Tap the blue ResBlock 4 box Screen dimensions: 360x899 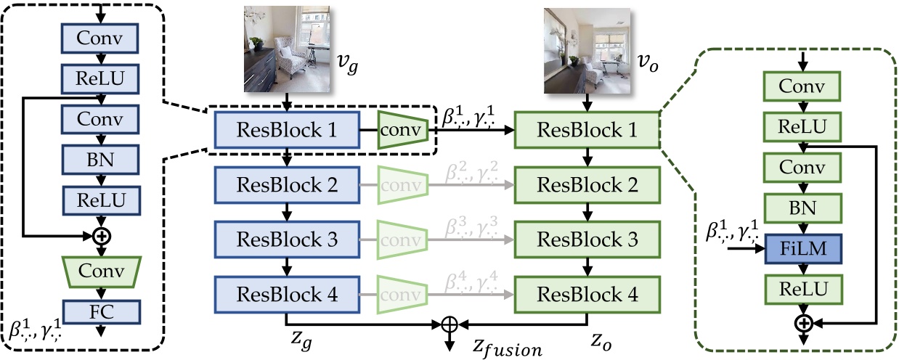[x=288, y=295]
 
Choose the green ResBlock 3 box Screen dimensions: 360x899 [x=587, y=240]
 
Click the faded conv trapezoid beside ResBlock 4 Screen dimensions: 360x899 [x=401, y=295]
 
